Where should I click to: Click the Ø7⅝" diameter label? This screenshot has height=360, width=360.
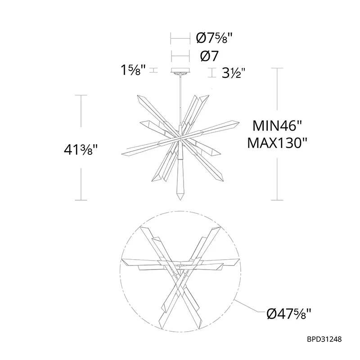(215, 38)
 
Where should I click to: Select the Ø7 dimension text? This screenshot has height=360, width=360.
(209, 56)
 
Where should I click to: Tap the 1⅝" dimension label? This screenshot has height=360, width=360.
(133, 70)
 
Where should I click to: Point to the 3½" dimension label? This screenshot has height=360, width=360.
(234, 73)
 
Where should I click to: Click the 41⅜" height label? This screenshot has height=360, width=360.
(81, 150)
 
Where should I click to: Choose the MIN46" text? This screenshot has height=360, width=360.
(277, 126)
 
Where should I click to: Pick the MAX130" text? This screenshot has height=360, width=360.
(277, 143)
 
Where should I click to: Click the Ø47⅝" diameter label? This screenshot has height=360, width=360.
(289, 313)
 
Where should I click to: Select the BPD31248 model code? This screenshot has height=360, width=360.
(324, 339)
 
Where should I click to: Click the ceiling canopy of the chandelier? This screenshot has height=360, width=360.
(180, 70)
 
